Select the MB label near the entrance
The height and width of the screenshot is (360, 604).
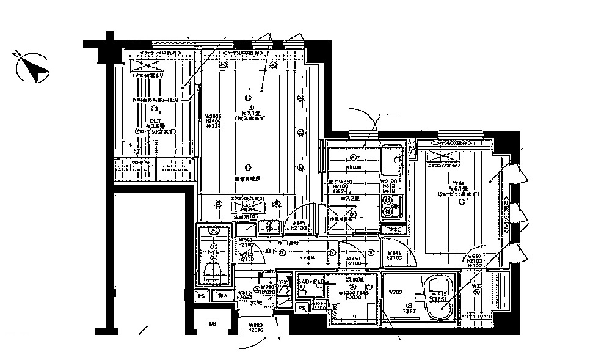212,323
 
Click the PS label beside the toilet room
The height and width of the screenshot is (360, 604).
200,296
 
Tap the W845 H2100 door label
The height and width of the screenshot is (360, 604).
299,225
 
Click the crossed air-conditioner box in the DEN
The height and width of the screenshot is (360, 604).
146,68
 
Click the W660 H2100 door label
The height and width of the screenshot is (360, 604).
475,261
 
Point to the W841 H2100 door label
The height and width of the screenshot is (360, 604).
393,255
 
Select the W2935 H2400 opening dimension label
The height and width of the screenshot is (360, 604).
212,120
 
